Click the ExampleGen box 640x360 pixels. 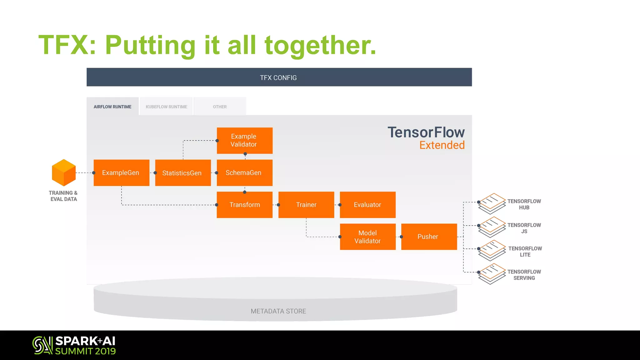[x=121, y=173]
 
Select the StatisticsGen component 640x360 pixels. [x=183, y=173]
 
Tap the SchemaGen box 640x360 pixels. [x=244, y=173]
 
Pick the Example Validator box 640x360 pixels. [x=244, y=140]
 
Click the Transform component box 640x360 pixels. [x=244, y=205]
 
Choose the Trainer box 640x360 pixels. [x=306, y=205]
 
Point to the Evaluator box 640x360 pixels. [x=367, y=205]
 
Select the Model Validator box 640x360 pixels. [x=367, y=237]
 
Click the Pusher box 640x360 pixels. [x=429, y=237]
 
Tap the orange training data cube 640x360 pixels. [x=64, y=172]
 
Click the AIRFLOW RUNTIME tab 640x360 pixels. [x=112, y=107]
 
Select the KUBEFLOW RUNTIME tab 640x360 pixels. [x=166, y=107]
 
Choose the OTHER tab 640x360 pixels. [x=220, y=107]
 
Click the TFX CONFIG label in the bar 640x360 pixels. [x=278, y=77]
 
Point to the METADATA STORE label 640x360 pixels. [x=278, y=311]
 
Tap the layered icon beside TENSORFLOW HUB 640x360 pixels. [x=492, y=203]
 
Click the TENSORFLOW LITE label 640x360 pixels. [x=525, y=251]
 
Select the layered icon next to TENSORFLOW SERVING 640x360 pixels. [x=492, y=274]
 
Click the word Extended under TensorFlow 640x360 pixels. [x=442, y=145]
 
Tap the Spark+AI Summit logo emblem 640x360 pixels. [x=42, y=345]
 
